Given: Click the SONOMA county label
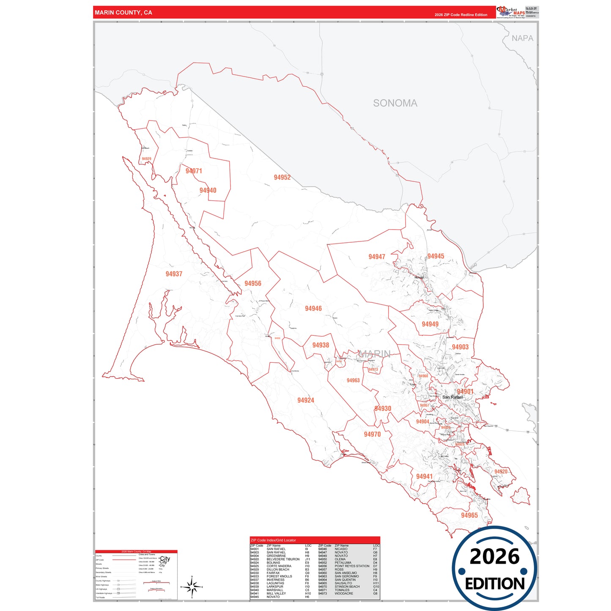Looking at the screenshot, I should coord(395,103).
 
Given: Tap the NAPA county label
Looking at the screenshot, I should coord(522,38).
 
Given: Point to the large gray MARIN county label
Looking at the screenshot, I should coord(374,353).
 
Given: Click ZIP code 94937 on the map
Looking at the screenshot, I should coord(174,274).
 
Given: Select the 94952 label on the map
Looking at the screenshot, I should coord(282,178).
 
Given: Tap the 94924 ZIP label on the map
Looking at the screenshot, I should coord(306,400).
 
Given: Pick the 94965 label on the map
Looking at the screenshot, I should coord(469,515).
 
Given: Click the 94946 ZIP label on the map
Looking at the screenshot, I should coord(313,309).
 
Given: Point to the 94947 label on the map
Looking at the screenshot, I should coord(377,257).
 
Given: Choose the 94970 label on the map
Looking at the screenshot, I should coord(372,434).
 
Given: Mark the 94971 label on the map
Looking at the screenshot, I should coord(194,171).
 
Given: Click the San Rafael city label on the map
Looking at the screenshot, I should coord(452,397).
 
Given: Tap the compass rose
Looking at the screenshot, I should coord(192,587).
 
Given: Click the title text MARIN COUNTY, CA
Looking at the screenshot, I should coord(123,13).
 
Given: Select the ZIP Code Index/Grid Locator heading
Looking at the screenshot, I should coord(273,540).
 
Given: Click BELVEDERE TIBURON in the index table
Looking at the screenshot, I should coord(283,559).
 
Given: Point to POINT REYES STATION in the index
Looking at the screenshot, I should coord(352,566).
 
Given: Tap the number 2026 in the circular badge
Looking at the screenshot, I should coord(494,556).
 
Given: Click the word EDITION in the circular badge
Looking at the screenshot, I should coord(495,584).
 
